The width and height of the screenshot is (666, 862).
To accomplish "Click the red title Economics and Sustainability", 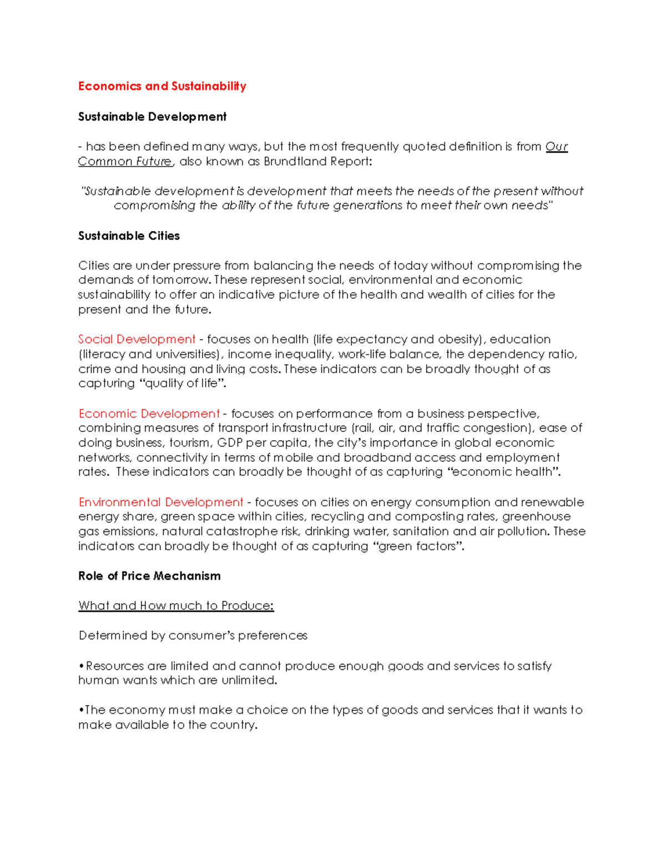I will tap(162, 86).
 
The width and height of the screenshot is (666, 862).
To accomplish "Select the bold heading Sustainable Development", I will tap(152, 117).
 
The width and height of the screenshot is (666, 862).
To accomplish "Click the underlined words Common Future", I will tap(125, 162).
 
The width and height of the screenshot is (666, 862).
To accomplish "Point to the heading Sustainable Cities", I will tap(129, 236).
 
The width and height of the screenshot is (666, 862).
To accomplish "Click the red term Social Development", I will tap(137, 339).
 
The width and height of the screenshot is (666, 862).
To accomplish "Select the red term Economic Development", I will tap(149, 414).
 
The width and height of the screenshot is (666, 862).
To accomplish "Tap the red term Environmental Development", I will tap(160, 502).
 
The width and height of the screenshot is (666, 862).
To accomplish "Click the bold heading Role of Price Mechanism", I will tap(149, 576).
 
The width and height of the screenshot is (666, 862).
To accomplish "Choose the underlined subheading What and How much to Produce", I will tap(176, 606).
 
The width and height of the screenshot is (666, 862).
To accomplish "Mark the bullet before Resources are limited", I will tap(82, 666).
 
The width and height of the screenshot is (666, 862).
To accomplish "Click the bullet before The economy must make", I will tap(81, 710).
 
